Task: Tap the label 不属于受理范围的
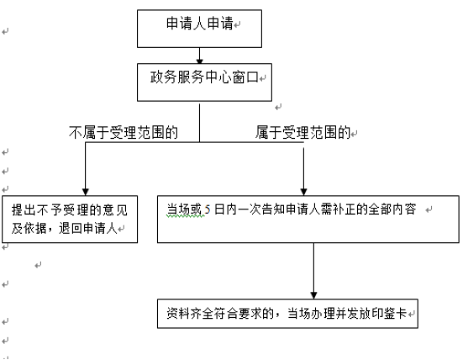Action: [x=124, y=132]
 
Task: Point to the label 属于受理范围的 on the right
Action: [x=303, y=132]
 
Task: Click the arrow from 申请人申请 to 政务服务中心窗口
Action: [x=200, y=56]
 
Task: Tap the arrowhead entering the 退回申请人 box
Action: [x=86, y=192]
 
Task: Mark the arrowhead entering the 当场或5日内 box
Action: [x=303, y=192]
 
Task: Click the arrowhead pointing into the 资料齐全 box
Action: [x=313, y=295]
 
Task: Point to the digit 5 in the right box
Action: [x=208, y=209]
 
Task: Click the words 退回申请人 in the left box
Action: [x=88, y=228]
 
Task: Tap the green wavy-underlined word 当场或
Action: [x=185, y=209]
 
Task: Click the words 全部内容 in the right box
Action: [x=392, y=209]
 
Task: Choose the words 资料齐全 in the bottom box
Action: [x=190, y=314]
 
